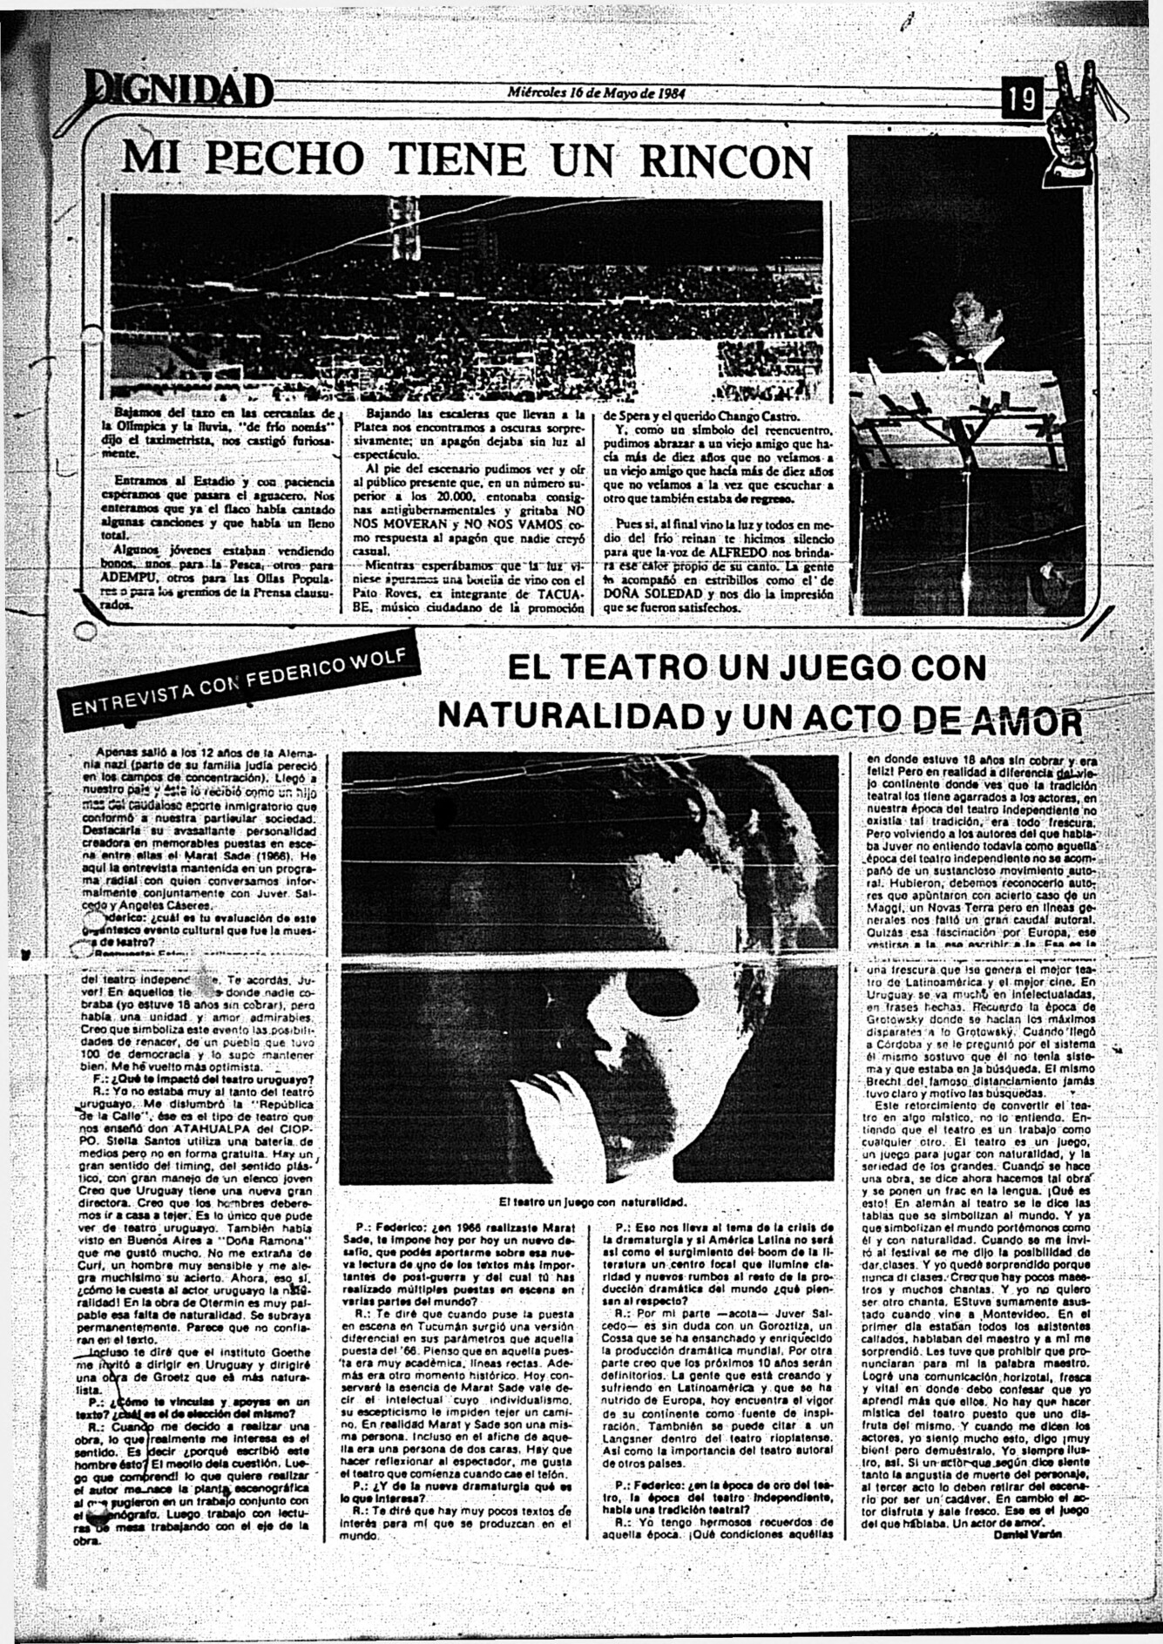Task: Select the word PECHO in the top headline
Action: click(287, 159)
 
